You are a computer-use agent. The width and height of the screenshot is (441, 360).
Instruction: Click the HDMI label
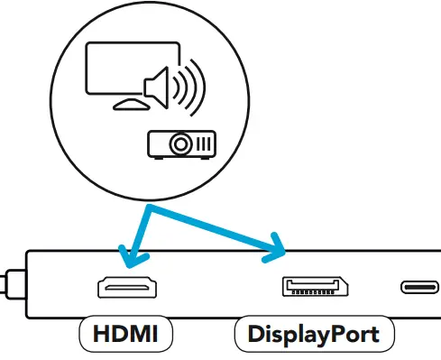click(x=125, y=336)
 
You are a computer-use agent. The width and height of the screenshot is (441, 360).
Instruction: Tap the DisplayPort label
click(x=314, y=336)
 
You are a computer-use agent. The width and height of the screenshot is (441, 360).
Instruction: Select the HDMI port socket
click(x=127, y=288)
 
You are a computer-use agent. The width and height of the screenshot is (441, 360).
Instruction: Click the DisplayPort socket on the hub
click(x=315, y=288)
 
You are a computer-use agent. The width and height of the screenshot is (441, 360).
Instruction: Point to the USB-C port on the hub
click(x=421, y=288)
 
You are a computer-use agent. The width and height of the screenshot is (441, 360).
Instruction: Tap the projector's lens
click(x=181, y=143)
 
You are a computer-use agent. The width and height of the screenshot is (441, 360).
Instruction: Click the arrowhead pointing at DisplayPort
click(x=274, y=248)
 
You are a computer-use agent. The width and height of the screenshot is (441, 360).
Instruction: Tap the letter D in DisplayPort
click(x=255, y=336)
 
